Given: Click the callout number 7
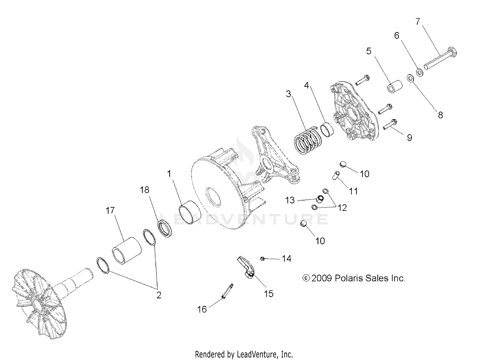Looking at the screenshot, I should (418, 21).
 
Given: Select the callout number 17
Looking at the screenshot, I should (110, 211).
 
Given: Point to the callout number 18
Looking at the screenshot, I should (144, 190).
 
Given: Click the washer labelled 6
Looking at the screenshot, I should (420, 72).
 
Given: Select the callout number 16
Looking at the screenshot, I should (202, 309).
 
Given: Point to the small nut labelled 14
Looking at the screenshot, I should (262, 258).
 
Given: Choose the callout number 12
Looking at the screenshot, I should (342, 208).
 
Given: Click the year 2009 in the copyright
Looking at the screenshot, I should (321, 278).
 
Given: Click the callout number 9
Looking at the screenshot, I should (410, 138).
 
